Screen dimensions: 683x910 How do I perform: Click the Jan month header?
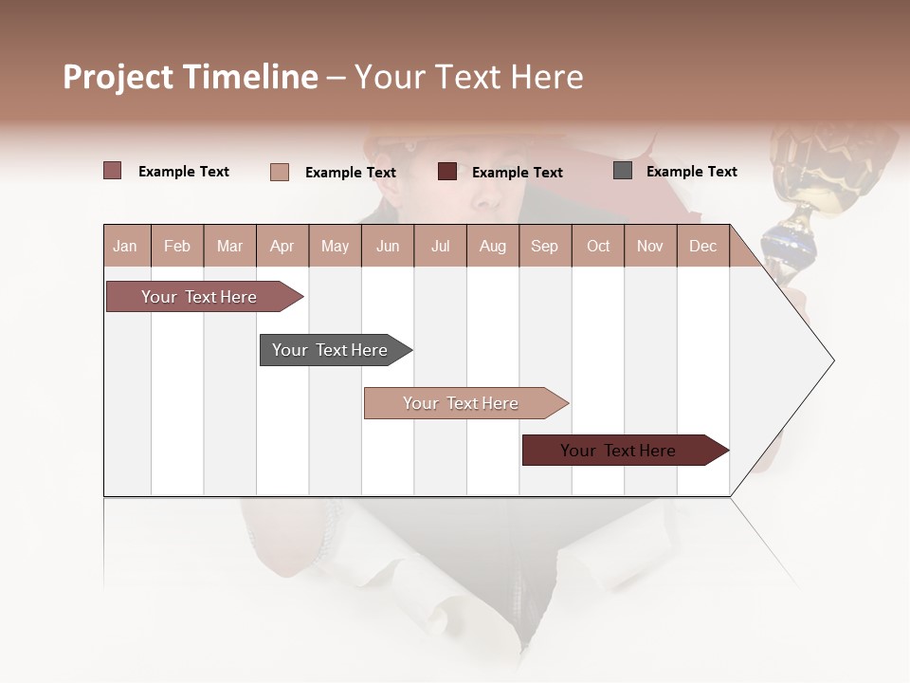[x=125, y=246]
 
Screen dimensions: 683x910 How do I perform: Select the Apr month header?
[x=282, y=246]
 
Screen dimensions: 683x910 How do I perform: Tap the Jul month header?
[x=440, y=246]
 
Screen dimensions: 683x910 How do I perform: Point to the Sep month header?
[x=544, y=246]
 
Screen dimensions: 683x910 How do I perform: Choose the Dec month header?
[x=702, y=246]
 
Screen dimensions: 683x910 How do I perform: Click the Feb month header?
[x=177, y=246]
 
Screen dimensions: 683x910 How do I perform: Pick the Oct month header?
[x=598, y=246]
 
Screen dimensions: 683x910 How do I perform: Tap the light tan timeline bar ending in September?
[x=462, y=403]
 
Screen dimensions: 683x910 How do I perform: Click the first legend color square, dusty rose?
[x=112, y=171]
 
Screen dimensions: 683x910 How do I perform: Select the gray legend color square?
[x=623, y=171]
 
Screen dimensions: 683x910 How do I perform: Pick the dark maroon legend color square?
[x=447, y=172]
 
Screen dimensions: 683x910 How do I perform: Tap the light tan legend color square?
[x=280, y=172]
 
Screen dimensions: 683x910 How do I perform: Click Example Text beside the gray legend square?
[x=691, y=172]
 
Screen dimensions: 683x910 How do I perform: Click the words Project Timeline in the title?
[x=191, y=77]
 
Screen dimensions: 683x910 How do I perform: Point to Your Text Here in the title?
[x=468, y=77]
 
